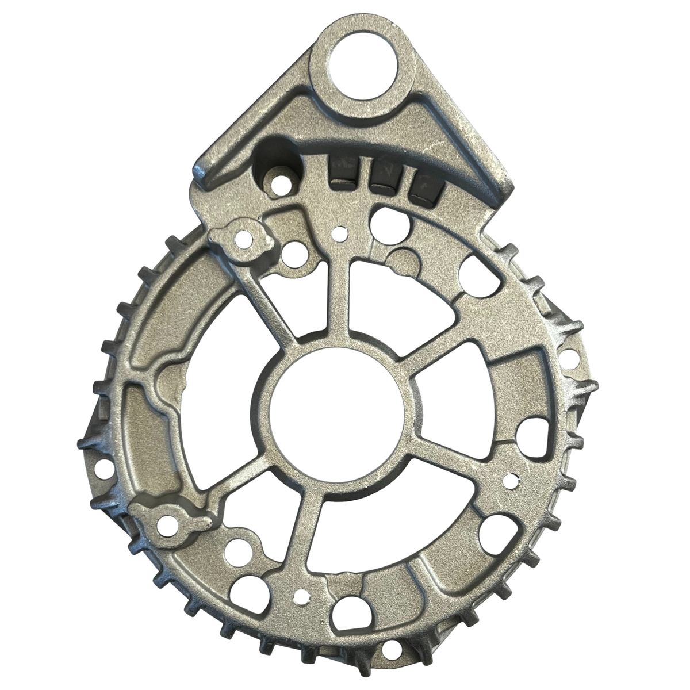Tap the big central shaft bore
tap(336, 408)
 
